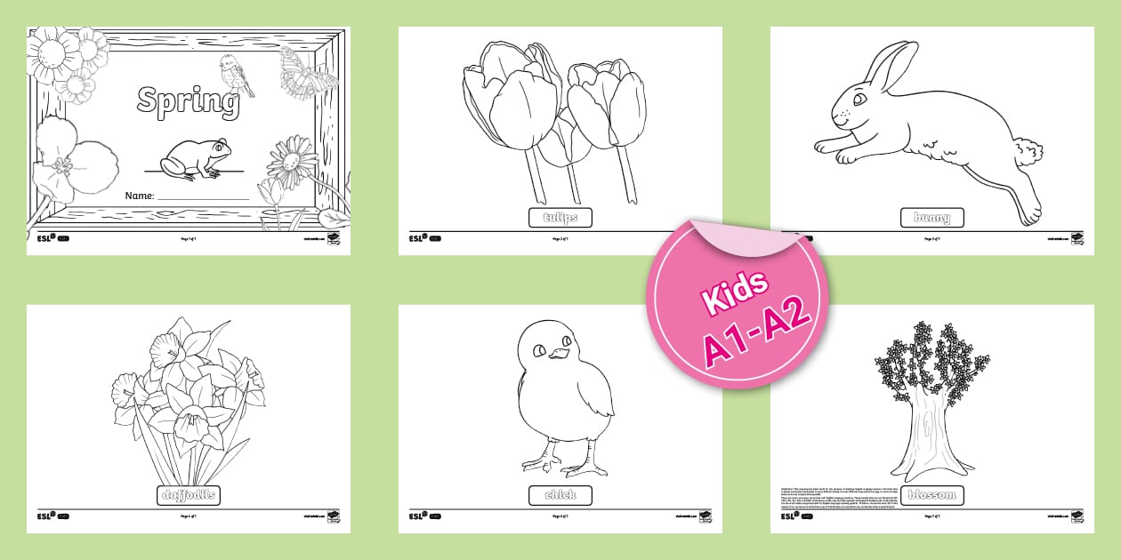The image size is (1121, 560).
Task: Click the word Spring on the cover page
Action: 188,101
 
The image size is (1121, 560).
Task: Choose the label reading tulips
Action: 560,218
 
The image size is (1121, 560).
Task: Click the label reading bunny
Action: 931,218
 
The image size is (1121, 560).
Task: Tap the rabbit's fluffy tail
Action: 1028,151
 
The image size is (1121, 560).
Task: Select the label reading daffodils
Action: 189,495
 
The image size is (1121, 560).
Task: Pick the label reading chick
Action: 560,495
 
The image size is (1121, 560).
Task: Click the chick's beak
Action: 558,355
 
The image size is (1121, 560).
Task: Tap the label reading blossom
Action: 931,495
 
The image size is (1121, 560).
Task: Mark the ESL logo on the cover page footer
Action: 44,238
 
